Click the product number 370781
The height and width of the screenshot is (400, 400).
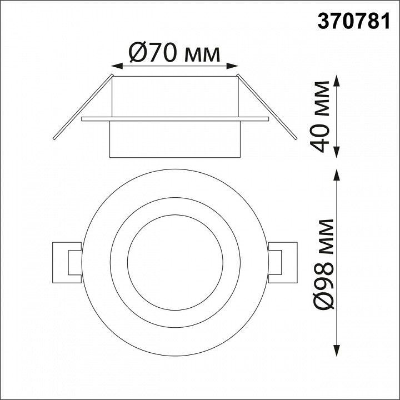(x=353, y=21)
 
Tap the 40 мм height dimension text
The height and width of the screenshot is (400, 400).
(x=319, y=117)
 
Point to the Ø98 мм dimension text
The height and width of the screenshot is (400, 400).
(x=323, y=264)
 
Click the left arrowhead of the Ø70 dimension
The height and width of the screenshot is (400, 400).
(x=117, y=66)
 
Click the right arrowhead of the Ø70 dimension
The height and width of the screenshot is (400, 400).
(x=232, y=66)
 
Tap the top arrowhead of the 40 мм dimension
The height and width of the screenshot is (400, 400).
(x=337, y=81)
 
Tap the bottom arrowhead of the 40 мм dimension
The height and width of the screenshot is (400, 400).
(x=337, y=152)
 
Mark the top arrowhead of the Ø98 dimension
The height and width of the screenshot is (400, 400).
(x=337, y=175)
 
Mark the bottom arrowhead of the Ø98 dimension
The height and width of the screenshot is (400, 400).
(x=337, y=350)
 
